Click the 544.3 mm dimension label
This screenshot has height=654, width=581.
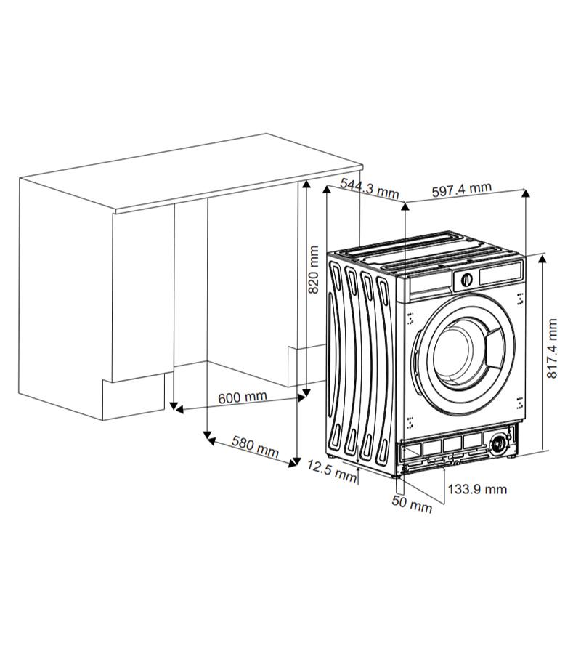point(369,188)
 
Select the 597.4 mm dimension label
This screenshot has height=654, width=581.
point(461,190)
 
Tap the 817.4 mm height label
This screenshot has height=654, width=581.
point(551,349)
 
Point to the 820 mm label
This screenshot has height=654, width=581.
point(313,270)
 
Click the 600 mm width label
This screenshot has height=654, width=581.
point(243,397)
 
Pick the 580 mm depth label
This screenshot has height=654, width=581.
point(255,446)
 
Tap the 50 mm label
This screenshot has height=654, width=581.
point(412,504)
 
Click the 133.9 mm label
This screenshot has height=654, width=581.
point(477,489)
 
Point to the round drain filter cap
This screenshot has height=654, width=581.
point(497,444)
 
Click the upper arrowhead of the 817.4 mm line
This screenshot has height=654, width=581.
point(543,259)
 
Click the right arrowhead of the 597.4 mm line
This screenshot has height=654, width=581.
point(526,193)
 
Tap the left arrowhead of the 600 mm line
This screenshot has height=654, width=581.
point(179,410)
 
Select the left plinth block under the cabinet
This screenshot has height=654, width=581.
point(134,396)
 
